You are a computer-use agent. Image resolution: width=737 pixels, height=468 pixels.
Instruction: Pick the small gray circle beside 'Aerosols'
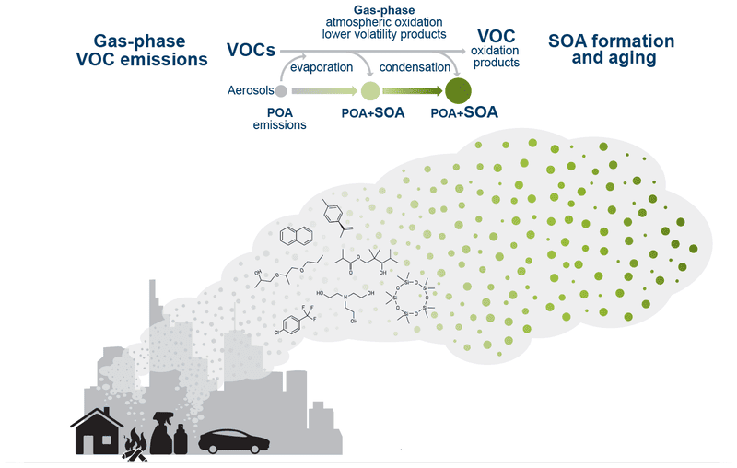point(281,90)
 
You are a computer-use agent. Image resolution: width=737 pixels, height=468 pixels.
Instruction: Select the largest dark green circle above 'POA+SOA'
point(458,90)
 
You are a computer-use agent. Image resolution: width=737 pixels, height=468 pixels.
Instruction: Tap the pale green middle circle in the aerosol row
point(369,90)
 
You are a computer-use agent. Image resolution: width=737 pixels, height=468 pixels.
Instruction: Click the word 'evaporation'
point(322,67)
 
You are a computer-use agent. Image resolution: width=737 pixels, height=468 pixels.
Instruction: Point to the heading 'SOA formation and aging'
point(611,50)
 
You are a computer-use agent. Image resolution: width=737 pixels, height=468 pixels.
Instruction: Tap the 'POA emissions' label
point(280,119)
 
